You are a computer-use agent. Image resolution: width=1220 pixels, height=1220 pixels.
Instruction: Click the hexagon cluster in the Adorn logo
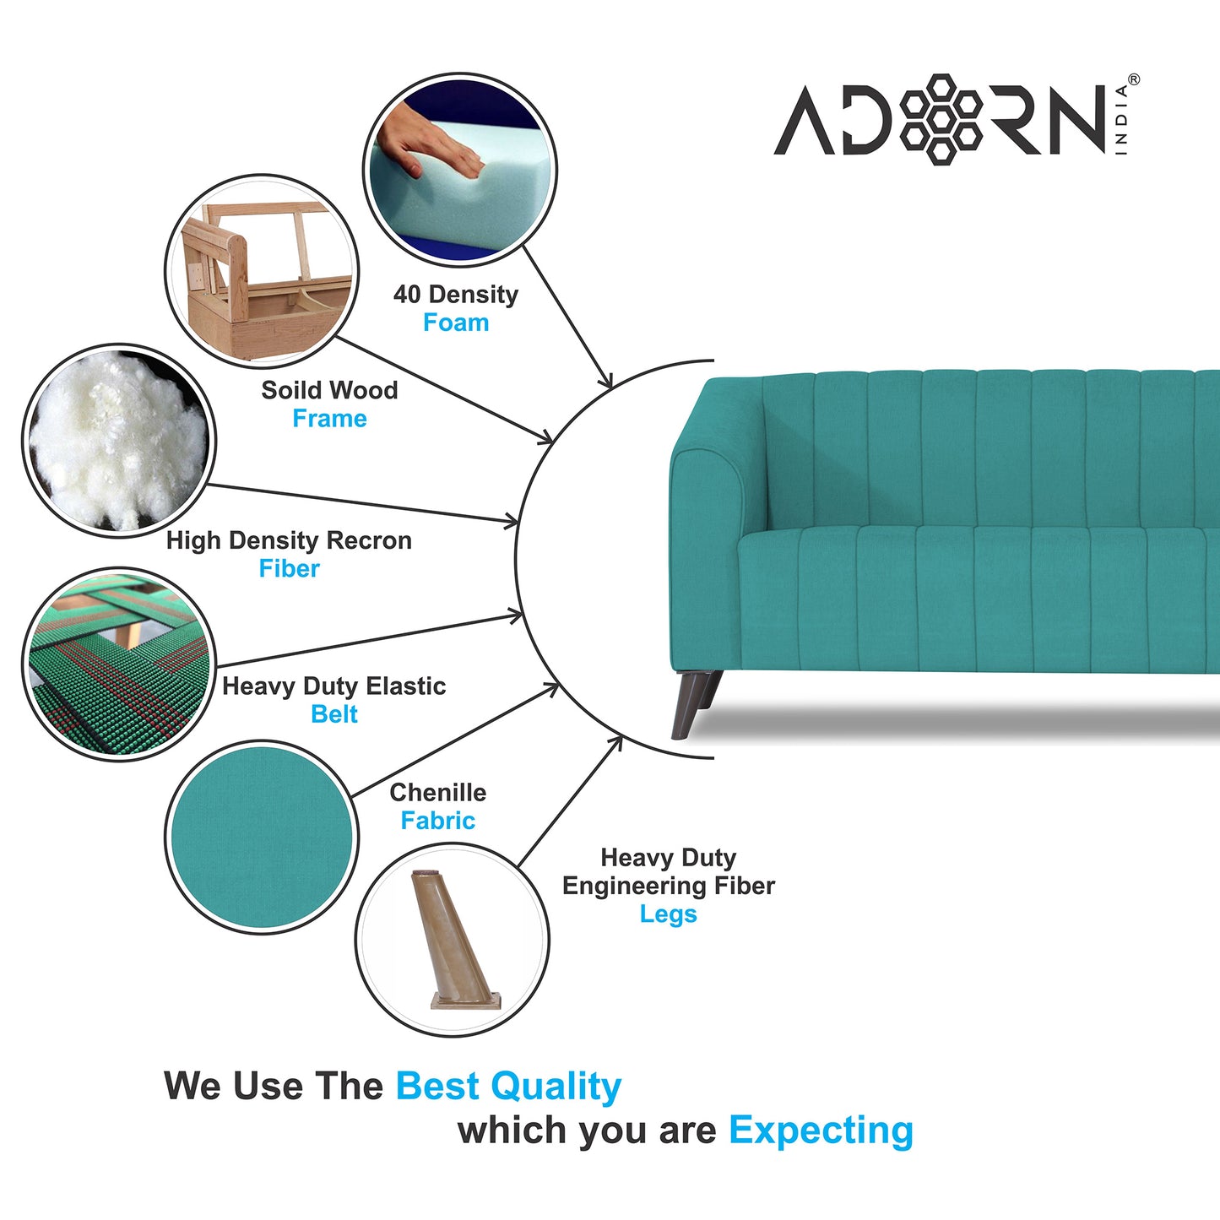[941, 119]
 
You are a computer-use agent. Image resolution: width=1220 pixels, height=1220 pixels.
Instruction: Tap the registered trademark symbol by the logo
[1133, 80]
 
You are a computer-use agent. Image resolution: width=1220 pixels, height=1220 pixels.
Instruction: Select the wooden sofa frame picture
[262, 272]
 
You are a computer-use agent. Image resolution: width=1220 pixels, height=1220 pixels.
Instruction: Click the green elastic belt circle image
[118, 664]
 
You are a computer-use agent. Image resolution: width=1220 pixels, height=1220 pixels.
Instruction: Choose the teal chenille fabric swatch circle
[262, 837]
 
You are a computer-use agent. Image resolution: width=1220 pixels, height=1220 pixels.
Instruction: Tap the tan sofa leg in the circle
[452, 940]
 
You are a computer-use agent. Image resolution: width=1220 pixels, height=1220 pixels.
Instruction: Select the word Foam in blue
[456, 323]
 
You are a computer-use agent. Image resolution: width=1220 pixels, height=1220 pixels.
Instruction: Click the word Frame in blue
[329, 419]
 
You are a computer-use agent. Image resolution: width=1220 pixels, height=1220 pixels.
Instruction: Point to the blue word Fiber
[289, 569]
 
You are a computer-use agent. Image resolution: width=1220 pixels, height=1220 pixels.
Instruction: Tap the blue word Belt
[334, 714]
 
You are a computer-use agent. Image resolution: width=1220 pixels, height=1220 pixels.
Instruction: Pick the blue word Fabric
[437, 821]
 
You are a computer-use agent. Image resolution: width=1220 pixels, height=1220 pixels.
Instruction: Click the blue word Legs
[668, 914]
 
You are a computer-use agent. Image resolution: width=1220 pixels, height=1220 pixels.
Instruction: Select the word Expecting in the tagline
[821, 1131]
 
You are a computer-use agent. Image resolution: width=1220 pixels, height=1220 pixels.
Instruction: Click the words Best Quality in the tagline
[508, 1087]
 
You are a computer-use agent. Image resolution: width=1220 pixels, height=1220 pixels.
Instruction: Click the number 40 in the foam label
[406, 295]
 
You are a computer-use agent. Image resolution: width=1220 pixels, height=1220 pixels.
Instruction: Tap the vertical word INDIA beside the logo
[1121, 119]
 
